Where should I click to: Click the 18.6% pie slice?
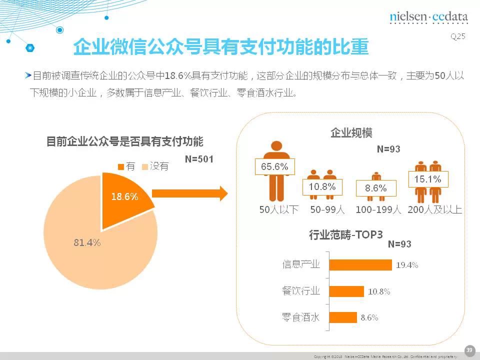[x=122, y=197]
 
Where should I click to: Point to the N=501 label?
[x=199, y=159]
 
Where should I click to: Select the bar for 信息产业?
[x=360, y=265]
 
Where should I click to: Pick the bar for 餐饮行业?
[x=346, y=291]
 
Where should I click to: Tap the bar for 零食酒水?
[x=343, y=317]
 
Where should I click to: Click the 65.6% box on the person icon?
[x=275, y=167]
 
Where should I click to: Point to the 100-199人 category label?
[x=378, y=210]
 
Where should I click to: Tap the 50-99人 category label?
[x=327, y=210]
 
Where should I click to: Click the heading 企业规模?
[x=351, y=133]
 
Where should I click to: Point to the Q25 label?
[x=458, y=36]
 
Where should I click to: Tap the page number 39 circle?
[x=469, y=349]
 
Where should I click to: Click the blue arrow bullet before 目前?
[x=28, y=75]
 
